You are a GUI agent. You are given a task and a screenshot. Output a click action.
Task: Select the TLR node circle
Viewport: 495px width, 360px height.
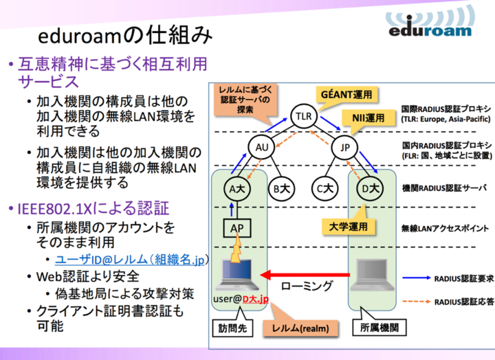point(303,116)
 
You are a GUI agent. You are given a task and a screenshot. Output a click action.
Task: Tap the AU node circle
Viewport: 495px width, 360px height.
point(261,148)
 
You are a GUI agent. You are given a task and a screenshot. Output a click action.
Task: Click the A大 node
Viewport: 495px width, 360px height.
point(238,187)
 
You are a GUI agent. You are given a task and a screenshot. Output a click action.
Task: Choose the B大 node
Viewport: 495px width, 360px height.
point(281,187)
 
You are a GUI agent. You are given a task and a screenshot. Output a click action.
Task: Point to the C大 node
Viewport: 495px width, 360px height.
point(325,187)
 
